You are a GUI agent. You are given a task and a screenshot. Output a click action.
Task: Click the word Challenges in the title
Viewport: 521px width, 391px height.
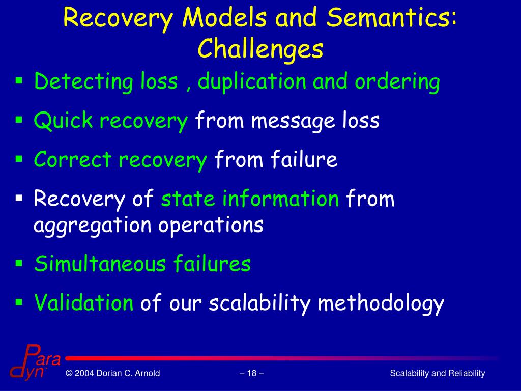pos(260,49)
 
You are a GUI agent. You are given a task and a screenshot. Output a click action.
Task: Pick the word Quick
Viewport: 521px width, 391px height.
pos(63,121)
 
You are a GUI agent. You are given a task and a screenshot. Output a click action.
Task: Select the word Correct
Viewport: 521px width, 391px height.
pos(72,160)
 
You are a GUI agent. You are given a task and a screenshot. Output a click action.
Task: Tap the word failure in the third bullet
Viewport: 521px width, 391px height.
pos(305,160)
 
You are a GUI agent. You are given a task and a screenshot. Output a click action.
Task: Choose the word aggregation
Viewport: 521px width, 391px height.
pos(92,225)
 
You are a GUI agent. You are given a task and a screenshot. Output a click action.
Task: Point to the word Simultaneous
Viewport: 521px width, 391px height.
pos(101,264)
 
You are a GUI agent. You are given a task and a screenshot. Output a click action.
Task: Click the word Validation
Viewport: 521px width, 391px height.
pos(83,303)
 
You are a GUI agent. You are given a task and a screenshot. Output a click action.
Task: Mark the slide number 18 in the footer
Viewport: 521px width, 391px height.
pos(251,374)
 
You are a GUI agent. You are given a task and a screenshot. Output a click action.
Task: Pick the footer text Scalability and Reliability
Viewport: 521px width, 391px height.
pos(437,374)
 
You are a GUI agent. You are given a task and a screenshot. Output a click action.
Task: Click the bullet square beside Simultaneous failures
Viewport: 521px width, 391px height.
pos(19,263)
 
